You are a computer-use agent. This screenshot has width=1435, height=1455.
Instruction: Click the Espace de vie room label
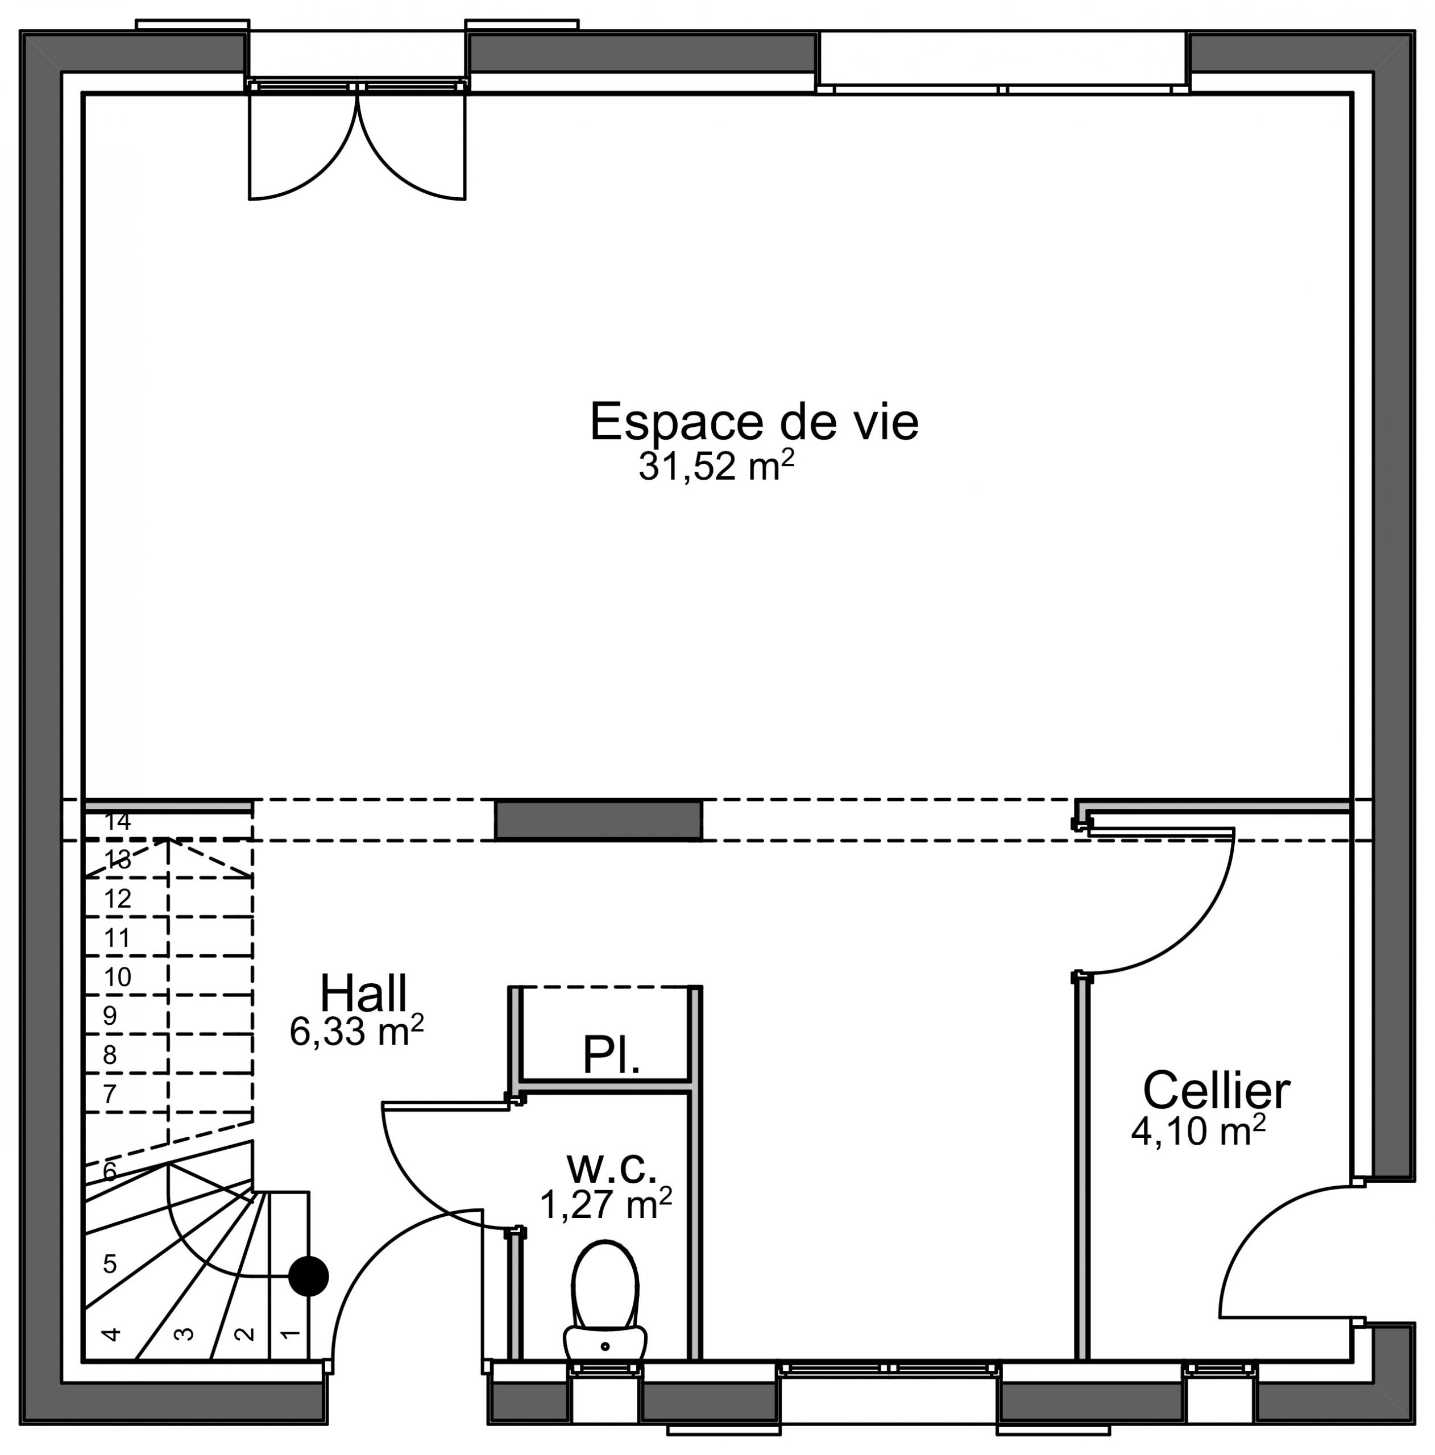point(753,422)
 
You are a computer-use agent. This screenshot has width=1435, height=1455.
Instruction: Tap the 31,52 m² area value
point(716,465)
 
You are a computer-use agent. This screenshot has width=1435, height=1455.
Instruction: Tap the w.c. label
point(612,1167)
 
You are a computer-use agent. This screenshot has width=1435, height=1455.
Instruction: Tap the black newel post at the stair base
point(309,1276)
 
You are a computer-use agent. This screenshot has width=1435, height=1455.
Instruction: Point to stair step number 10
point(118,977)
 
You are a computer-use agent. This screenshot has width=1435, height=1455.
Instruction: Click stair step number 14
point(118,821)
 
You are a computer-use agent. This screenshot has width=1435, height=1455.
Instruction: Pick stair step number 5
point(110,1263)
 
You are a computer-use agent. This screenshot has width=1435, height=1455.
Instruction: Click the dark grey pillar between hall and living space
point(599,820)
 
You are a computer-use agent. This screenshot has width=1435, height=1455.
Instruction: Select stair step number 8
point(110,1054)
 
